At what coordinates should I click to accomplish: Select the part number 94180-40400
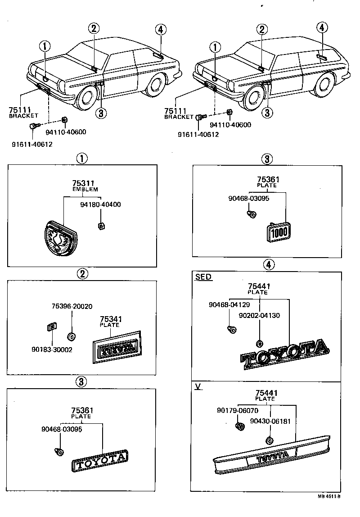click(x=100, y=205)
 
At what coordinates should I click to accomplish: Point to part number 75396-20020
click(x=72, y=306)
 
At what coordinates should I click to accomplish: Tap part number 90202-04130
click(x=259, y=315)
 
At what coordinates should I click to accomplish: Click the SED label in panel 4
click(x=203, y=277)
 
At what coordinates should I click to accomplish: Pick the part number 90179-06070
click(x=237, y=410)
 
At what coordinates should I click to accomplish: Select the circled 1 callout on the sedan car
click(x=45, y=45)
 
